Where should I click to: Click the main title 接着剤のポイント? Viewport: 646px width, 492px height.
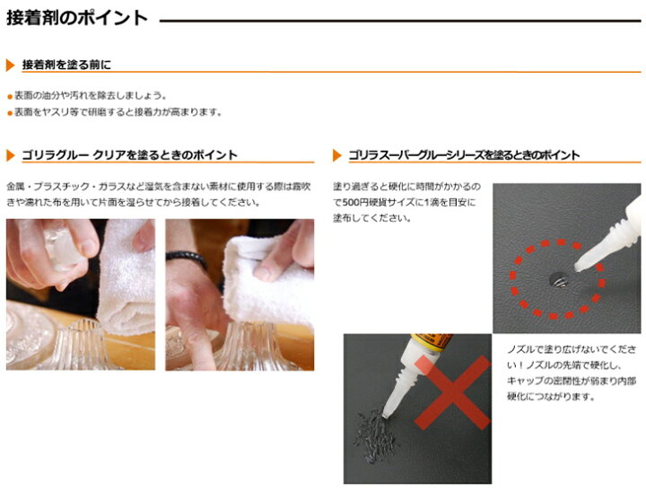coord(77,18)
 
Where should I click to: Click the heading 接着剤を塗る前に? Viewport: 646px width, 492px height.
coord(66,65)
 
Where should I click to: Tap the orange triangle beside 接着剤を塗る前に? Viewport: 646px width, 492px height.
coord(10,66)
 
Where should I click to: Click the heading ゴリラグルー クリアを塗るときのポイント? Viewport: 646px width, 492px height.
coord(129,155)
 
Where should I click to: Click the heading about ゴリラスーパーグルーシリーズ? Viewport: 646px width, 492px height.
coord(464,155)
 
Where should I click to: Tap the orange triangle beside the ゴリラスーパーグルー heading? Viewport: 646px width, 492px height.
coord(337,155)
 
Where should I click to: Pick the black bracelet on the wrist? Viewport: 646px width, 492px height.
coord(186,258)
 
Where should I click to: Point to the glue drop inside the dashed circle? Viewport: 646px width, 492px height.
coord(559,280)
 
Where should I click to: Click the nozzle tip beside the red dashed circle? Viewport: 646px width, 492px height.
coord(579,268)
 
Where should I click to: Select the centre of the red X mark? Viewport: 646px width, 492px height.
coord(452,392)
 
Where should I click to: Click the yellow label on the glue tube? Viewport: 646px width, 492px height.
coord(432,341)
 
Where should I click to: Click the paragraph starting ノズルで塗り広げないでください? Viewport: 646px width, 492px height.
coord(572,373)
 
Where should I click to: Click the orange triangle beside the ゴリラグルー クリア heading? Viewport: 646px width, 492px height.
coord(10,155)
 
